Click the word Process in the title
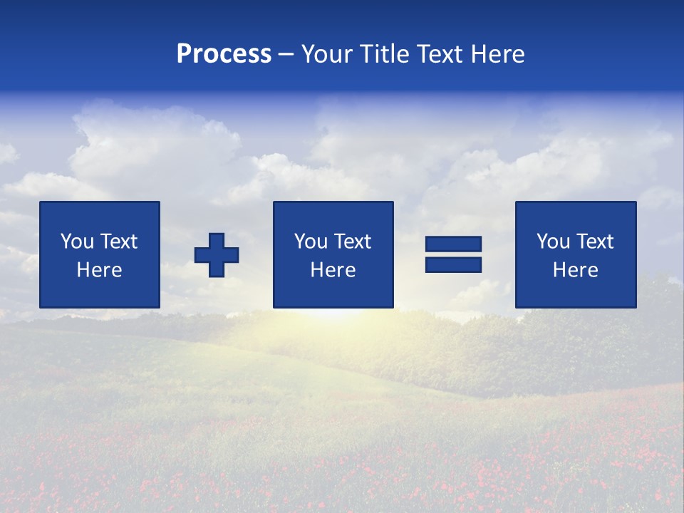[x=224, y=54]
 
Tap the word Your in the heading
[x=326, y=54]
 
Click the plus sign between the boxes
[x=217, y=255]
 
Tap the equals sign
[x=453, y=254]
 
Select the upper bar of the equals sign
[x=453, y=244]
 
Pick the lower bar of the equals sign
[x=453, y=264]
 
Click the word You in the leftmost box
[x=77, y=242]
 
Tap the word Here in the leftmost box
[x=99, y=270]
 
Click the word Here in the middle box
[x=333, y=270]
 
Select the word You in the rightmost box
[x=553, y=242]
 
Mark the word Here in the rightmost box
[x=575, y=270]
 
